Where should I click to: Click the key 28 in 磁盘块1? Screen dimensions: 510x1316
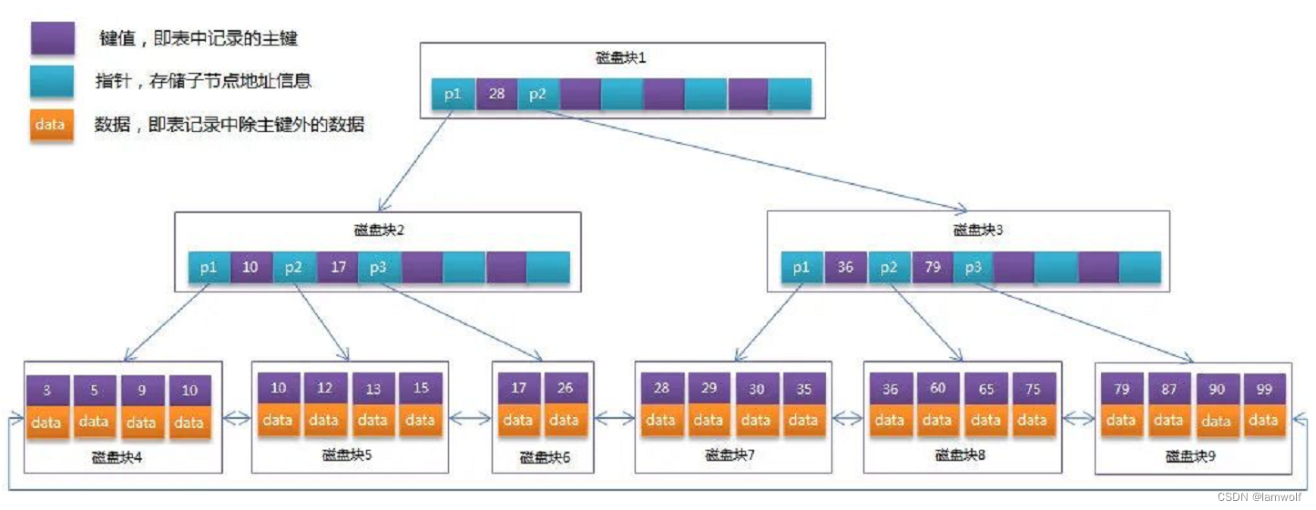(496, 93)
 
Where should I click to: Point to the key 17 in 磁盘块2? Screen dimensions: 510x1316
(337, 268)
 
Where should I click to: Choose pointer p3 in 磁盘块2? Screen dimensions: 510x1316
(379, 268)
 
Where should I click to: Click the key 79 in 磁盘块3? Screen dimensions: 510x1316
(933, 268)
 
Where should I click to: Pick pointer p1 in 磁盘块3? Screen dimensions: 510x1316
(801, 268)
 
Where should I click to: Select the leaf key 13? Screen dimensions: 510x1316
(373, 389)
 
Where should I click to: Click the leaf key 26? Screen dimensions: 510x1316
(565, 389)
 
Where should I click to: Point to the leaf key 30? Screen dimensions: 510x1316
(756, 389)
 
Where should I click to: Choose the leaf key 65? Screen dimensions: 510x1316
(985, 389)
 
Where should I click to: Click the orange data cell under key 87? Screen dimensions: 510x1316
(1168, 421)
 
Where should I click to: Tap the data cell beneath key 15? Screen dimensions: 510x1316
(420, 421)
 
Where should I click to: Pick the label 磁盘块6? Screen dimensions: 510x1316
(545, 457)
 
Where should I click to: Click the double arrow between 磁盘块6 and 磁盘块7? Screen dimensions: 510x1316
(615, 419)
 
